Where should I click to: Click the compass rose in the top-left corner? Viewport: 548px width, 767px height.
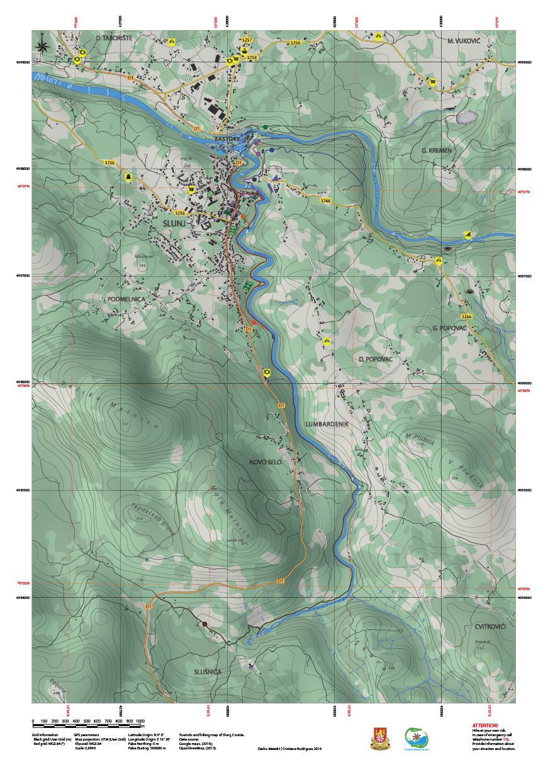pyautogui.click(x=43, y=45)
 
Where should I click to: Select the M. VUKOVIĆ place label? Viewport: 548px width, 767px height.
pyautogui.click(x=464, y=40)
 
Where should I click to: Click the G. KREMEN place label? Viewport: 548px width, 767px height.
pyautogui.click(x=436, y=151)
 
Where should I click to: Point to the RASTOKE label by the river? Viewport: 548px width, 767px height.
pyautogui.click(x=227, y=138)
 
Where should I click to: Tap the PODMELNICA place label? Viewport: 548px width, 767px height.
pyautogui.click(x=125, y=299)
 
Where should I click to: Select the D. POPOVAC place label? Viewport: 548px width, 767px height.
pyautogui.click(x=376, y=359)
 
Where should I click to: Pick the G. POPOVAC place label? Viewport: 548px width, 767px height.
pyautogui.click(x=449, y=328)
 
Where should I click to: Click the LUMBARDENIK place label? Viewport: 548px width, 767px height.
pyautogui.click(x=327, y=425)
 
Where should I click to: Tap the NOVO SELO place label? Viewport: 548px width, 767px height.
pyautogui.click(x=265, y=462)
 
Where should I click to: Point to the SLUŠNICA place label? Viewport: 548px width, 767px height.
pyautogui.click(x=208, y=672)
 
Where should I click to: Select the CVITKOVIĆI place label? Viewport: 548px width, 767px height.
pyautogui.click(x=491, y=627)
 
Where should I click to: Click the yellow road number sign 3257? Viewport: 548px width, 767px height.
pyautogui.click(x=247, y=40)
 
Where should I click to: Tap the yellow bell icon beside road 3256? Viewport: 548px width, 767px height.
pyautogui.click(x=129, y=176)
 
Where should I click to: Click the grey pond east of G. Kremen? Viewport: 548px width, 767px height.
pyautogui.click(x=467, y=116)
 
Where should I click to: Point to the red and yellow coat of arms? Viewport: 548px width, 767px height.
pyautogui.click(x=378, y=738)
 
